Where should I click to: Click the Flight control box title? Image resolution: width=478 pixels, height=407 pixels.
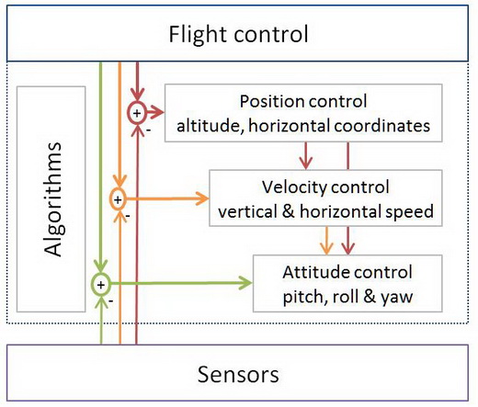click(x=238, y=35)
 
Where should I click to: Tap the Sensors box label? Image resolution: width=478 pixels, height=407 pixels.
click(x=238, y=375)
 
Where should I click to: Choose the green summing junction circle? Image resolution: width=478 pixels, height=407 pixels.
click(x=100, y=284)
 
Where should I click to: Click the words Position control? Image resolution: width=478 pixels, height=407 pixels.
click(x=303, y=101)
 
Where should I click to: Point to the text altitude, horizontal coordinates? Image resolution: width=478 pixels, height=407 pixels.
click(x=303, y=122)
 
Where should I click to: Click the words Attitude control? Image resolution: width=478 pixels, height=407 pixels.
click(x=347, y=273)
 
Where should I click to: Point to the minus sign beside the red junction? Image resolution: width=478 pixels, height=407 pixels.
click(x=149, y=130)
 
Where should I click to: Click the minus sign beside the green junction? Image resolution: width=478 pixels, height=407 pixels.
click(x=110, y=300)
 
